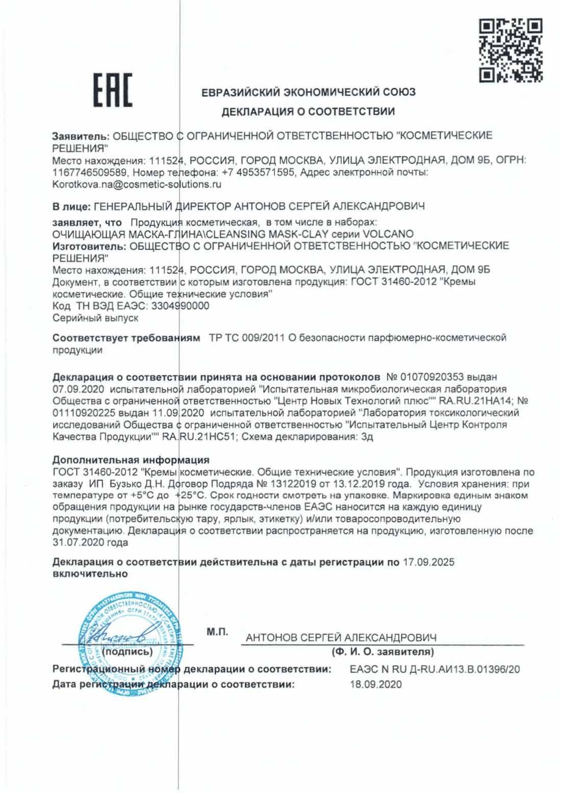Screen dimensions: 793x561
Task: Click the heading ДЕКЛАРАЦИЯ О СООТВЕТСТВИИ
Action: click(x=308, y=111)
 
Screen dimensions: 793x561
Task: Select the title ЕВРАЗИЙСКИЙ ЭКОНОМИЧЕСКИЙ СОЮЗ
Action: click(x=308, y=92)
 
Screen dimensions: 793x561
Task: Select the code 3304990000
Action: click(x=178, y=306)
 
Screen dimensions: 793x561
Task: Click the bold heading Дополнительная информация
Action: click(x=131, y=461)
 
